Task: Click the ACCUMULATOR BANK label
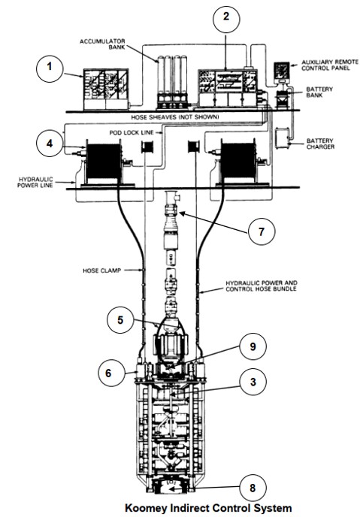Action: point(102,44)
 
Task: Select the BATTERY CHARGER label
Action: point(320,144)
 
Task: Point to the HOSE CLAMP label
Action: point(102,271)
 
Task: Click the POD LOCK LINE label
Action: point(132,132)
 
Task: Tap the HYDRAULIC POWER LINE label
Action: point(35,183)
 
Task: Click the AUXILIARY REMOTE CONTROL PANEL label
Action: point(330,65)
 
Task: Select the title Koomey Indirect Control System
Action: point(208,508)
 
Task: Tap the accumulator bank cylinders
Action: point(172,82)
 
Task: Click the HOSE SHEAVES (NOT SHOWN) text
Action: point(174,117)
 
